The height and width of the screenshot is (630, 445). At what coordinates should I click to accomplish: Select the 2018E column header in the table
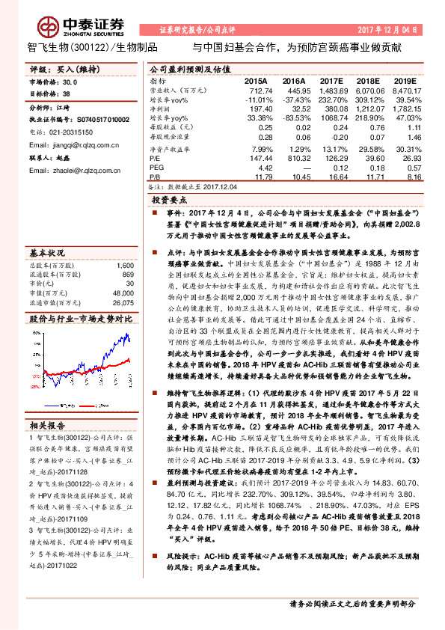click(368, 80)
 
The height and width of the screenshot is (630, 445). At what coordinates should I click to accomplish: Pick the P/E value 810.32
click(292, 159)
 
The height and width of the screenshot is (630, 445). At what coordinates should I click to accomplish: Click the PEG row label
click(158, 168)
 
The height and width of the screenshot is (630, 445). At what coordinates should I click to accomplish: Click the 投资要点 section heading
click(171, 201)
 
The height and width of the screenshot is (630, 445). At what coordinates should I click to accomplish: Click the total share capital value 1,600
click(125, 266)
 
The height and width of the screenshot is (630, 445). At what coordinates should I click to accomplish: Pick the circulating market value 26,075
click(123, 302)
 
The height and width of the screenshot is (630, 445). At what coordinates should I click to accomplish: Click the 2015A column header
click(256, 80)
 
